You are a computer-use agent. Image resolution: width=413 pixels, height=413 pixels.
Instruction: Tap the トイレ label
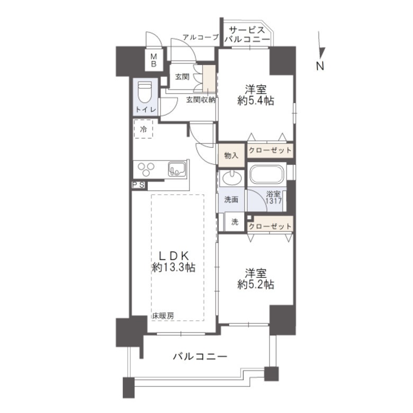(x=145, y=110)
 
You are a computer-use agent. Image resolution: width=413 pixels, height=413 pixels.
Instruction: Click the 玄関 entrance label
(x=182, y=77)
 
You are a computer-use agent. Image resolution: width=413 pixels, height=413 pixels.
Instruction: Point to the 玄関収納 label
(x=200, y=100)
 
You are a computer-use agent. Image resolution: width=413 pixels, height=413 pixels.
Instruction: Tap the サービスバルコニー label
(x=247, y=34)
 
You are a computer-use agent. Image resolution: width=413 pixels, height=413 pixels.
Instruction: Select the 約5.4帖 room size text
(x=255, y=101)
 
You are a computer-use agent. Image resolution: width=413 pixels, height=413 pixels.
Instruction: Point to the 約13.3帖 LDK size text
(x=173, y=267)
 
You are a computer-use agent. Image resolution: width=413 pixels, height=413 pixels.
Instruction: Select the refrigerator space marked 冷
(x=143, y=129)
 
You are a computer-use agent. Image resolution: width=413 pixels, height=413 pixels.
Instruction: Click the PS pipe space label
(x=139, y=185)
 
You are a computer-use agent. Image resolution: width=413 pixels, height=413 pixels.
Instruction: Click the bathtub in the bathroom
(x=267, y=175)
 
